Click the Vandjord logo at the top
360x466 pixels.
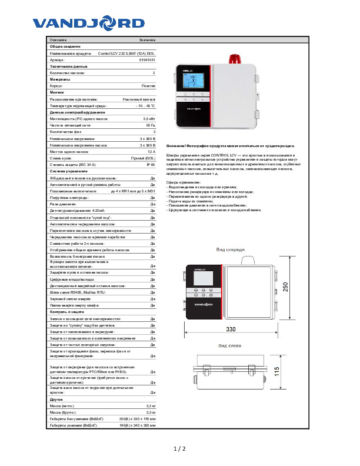tap(88, 23)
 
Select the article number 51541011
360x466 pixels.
tap(147, 59)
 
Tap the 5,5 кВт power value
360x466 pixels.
tap(149, 119)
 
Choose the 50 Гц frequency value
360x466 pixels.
tap(151, 125)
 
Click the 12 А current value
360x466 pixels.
tap(151, 151)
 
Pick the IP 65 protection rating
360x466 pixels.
tap(151, 164)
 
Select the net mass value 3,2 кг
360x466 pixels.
tap(151, 405)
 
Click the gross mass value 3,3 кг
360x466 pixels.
tap(151, 412)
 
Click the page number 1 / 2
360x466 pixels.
tap(179, 449)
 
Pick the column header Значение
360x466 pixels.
tap(147, 39)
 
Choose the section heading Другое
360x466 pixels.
tap(56, 399)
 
